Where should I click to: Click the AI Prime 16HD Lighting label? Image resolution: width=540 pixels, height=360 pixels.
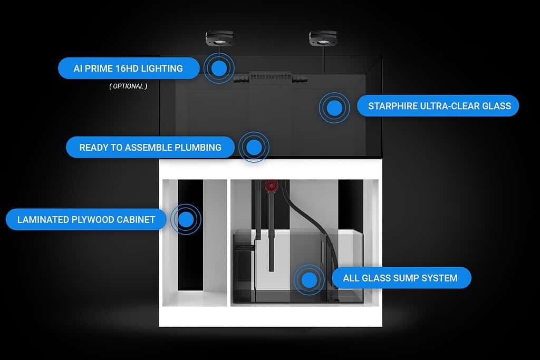click(129, 68)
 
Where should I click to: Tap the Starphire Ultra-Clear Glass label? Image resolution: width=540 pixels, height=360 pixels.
click(438, 105)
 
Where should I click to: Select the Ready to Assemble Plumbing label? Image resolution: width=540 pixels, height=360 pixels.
click(150, 147)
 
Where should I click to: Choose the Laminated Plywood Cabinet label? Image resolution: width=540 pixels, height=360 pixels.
click(86, 219)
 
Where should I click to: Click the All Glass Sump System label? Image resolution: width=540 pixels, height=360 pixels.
click(401, 278)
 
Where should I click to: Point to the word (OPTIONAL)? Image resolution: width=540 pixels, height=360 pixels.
click(128, 86)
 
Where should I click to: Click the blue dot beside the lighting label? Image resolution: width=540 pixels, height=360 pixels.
click(219, 68)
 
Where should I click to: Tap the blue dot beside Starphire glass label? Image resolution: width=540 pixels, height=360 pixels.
click(334, 108)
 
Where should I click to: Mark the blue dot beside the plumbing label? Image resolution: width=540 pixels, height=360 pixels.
click(254, 147)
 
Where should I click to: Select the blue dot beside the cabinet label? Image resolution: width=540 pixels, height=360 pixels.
click(186, 219)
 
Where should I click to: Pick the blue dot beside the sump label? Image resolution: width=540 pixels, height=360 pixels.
click(309, 280)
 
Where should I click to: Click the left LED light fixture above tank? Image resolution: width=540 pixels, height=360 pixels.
click(219, 38)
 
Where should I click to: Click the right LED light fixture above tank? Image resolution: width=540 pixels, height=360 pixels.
click(323, 38)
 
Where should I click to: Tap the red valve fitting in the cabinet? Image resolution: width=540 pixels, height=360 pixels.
click(272, 186)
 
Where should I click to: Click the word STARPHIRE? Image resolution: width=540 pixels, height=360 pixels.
click(392, 106)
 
